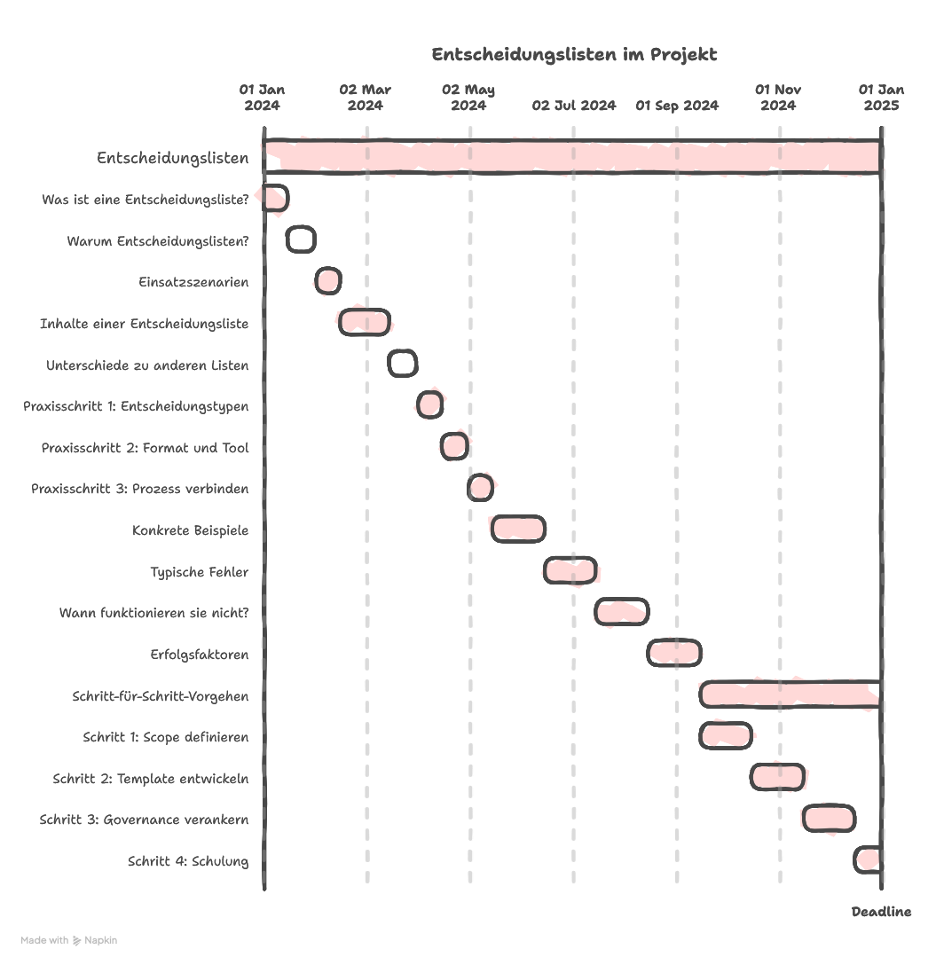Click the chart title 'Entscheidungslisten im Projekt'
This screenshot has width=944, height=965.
574,55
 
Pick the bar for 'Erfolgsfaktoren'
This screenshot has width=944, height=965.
674,653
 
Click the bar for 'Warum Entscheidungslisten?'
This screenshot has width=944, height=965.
301,239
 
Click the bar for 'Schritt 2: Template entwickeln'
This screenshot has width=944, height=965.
778,777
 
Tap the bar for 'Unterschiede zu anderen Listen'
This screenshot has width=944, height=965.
403,363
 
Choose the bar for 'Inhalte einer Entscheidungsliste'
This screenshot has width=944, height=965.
365,322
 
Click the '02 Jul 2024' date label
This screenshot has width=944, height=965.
574,106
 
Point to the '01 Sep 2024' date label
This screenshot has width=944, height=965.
677,106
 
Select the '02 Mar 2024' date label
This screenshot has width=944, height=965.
365,98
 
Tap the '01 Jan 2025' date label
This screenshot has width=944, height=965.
881,98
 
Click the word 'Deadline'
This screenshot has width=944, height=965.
881,912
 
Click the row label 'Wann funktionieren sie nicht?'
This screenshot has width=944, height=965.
153,613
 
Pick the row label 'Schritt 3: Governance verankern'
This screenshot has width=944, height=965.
144,820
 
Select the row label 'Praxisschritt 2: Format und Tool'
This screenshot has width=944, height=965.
145,448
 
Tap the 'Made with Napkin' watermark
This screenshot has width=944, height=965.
69,939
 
